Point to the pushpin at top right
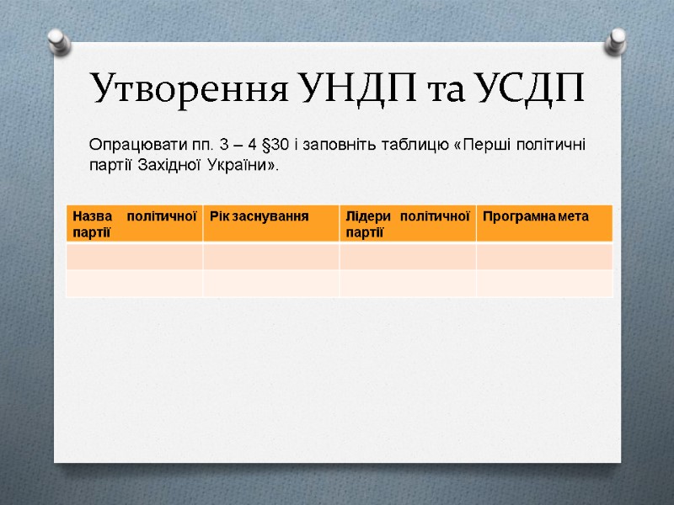617,39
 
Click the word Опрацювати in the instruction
135,144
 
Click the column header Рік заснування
259,217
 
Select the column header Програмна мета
534,217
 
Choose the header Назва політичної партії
134,224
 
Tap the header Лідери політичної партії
407,224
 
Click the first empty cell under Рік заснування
270,257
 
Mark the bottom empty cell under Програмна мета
543,283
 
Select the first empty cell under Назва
134,257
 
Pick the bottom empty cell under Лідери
407,283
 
